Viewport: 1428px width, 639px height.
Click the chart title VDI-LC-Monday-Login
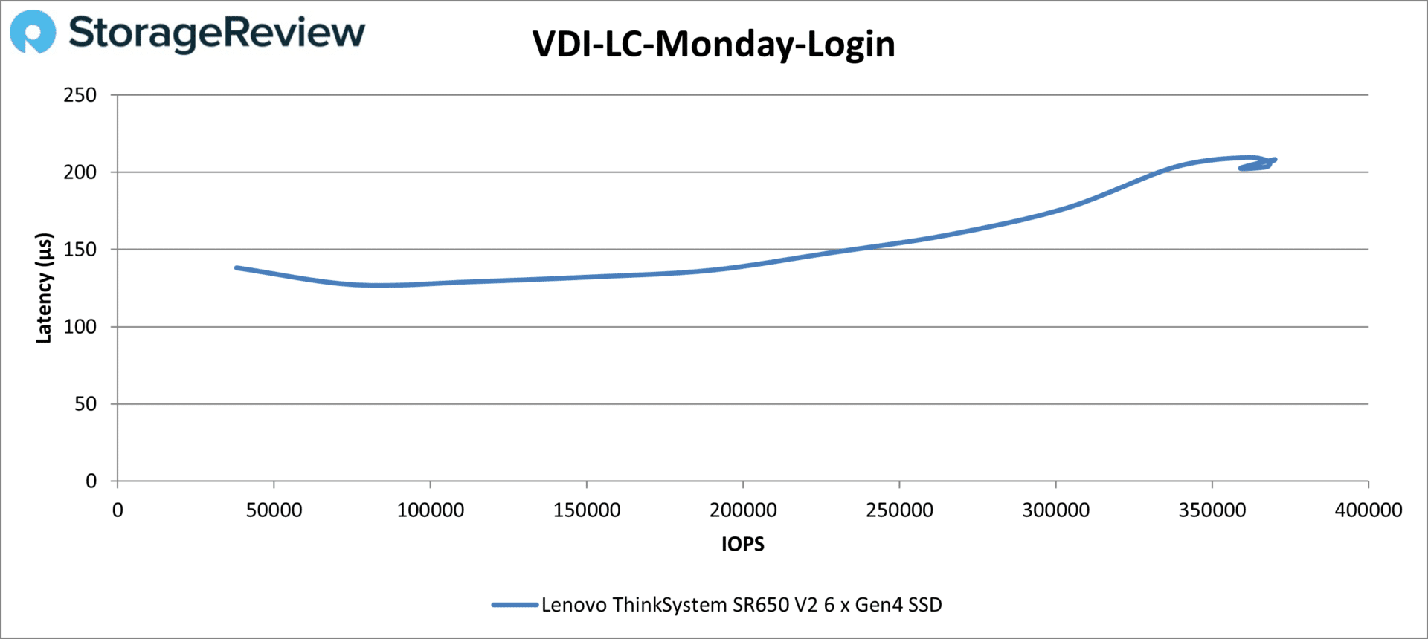pos(713,45)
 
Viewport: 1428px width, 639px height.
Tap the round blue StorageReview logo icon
pos(33,32)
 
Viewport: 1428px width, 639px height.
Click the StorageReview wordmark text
pos(216,33)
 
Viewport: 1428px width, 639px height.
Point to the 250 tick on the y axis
pos(80,95)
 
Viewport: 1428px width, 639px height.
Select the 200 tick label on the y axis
pos(80,172)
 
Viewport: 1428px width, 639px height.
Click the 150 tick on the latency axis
pos(80,250)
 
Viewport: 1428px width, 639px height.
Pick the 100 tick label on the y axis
pos(80,327)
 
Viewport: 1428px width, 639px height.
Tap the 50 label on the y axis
pos(86,404)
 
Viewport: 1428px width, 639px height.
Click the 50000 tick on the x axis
pos(274,510)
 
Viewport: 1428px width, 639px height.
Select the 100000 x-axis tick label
pos(430,510)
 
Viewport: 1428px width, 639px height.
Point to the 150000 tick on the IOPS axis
pos(587,510)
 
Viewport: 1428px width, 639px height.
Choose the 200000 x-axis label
pos(743,510)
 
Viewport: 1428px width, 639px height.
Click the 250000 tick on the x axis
pos(899,510)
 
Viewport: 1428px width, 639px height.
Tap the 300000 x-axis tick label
pos(1055,510)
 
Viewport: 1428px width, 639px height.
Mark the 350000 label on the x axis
pos(1212,510)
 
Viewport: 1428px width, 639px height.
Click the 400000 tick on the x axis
pos(1368,510)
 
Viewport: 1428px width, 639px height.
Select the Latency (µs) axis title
pos(44,288)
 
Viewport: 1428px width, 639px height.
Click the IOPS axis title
pos(742,545)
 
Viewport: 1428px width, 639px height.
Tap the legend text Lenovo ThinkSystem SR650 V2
pos(741,605)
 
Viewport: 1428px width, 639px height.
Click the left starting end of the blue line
pos(237,267)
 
